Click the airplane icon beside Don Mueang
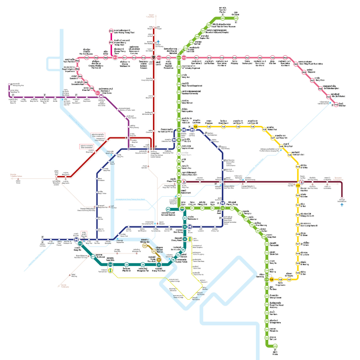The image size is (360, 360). (158, 43)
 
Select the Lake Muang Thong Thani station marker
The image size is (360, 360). (111, 31)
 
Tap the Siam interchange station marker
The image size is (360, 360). (182, 208)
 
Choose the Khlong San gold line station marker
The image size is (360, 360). (145, 246)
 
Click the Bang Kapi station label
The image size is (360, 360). (288, 146)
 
